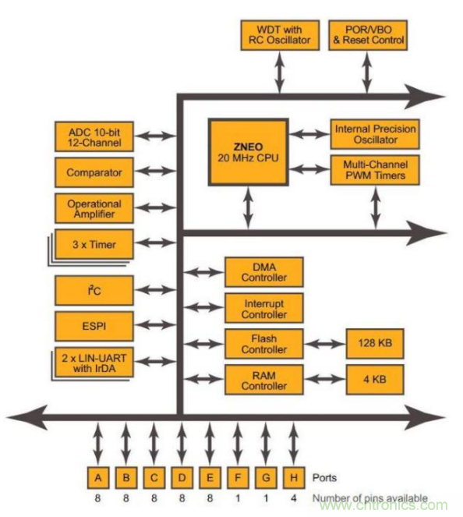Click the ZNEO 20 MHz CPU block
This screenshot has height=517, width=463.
pyautogui.click(x=247, y=151)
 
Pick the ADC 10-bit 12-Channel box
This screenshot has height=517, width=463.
pyautogui.click(x=94, y=136)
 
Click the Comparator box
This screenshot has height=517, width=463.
pyautogui.click(x=94, y=172)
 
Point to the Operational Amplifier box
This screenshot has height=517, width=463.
pyautogui.click(x=94, y=208)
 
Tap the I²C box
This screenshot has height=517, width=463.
pyautogui.click(x=94, y=290)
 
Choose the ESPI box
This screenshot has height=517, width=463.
pyautogui.click(x=94, y=325)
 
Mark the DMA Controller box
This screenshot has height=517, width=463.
pyautogui.click(x=263, y=272)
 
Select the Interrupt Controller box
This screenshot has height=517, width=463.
pyautogui.click(x=263, y=307)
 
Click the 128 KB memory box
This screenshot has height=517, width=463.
pyautogui.click(x=375, y=343)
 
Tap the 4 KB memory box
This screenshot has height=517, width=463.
pyautogui.click(x=375, y=380)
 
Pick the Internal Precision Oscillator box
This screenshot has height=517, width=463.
pyautogui.click(x=375, y=133)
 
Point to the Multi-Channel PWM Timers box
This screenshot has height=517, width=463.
pyautogui.click(x=375, y=170)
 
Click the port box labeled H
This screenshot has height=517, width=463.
pyautogui.click(x=292, y=476)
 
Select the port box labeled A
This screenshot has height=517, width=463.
pyautogui.click(x=98, y=476)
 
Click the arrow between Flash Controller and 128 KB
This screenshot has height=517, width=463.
pyautogui.click(x=324, y=343)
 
